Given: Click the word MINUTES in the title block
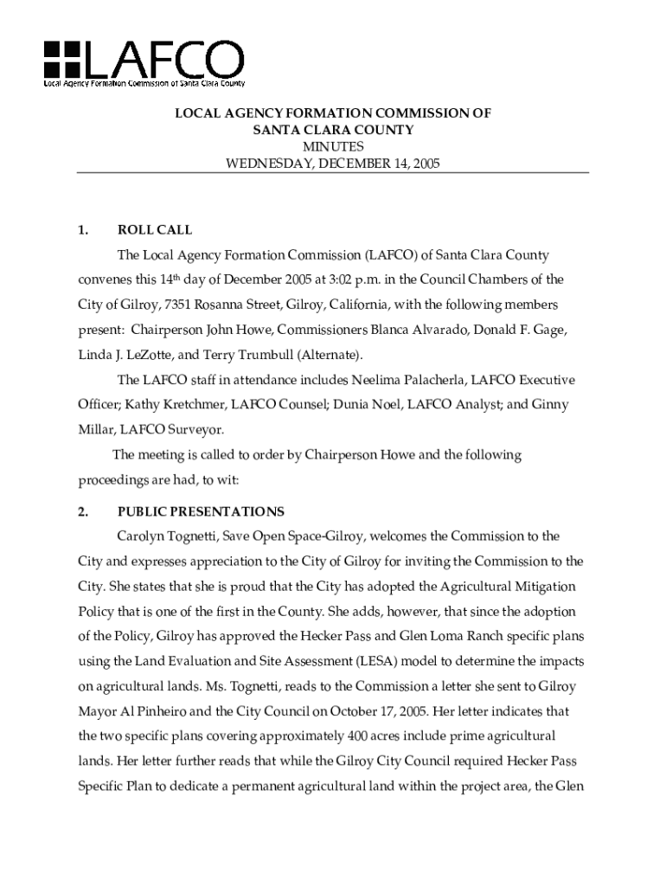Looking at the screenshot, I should (333, 146).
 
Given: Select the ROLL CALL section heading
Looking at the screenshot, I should (155, 230).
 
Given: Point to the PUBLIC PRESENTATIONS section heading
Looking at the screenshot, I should (201, 511).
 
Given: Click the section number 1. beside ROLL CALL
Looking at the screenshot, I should (84, 230).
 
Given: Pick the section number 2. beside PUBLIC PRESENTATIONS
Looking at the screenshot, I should (84, 511).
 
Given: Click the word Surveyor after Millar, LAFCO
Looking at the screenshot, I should (200, 430).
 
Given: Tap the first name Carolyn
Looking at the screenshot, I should (142, 536).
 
